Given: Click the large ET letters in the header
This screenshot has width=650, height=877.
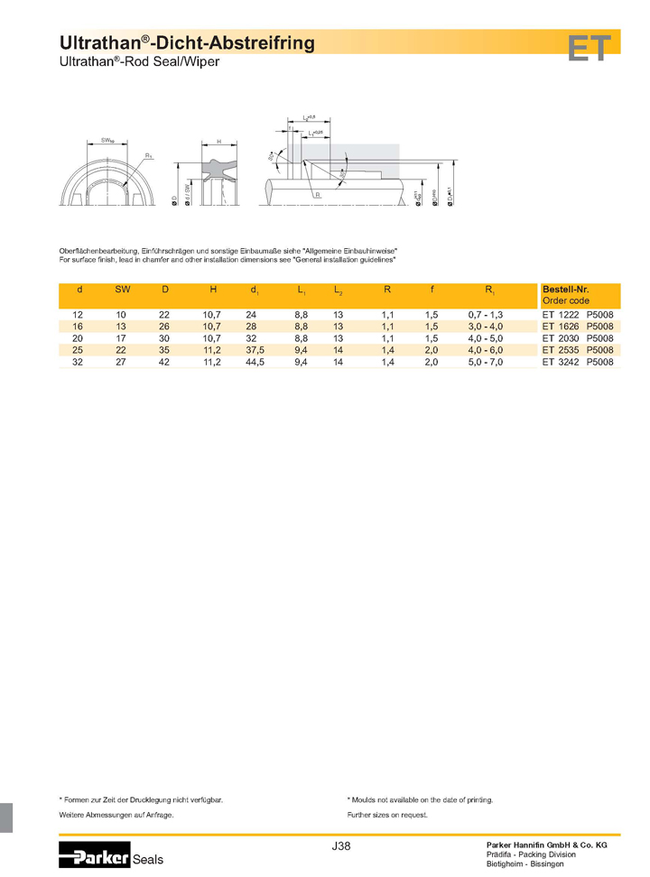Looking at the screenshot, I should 590,48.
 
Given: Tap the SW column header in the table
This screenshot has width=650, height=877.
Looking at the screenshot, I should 122,290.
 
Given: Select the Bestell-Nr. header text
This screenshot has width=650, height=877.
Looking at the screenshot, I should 566,290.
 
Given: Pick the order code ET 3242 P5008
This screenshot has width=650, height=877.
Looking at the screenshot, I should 578,362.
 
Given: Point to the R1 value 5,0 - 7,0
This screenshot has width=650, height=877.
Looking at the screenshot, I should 485,362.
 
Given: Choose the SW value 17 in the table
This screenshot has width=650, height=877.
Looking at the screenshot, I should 122,337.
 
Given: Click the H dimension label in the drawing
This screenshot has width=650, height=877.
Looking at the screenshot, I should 218,143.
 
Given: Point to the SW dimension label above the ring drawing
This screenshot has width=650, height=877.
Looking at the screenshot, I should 107,141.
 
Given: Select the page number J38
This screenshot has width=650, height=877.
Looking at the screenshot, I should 341,846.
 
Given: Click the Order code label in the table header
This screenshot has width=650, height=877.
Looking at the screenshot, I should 565,300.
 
